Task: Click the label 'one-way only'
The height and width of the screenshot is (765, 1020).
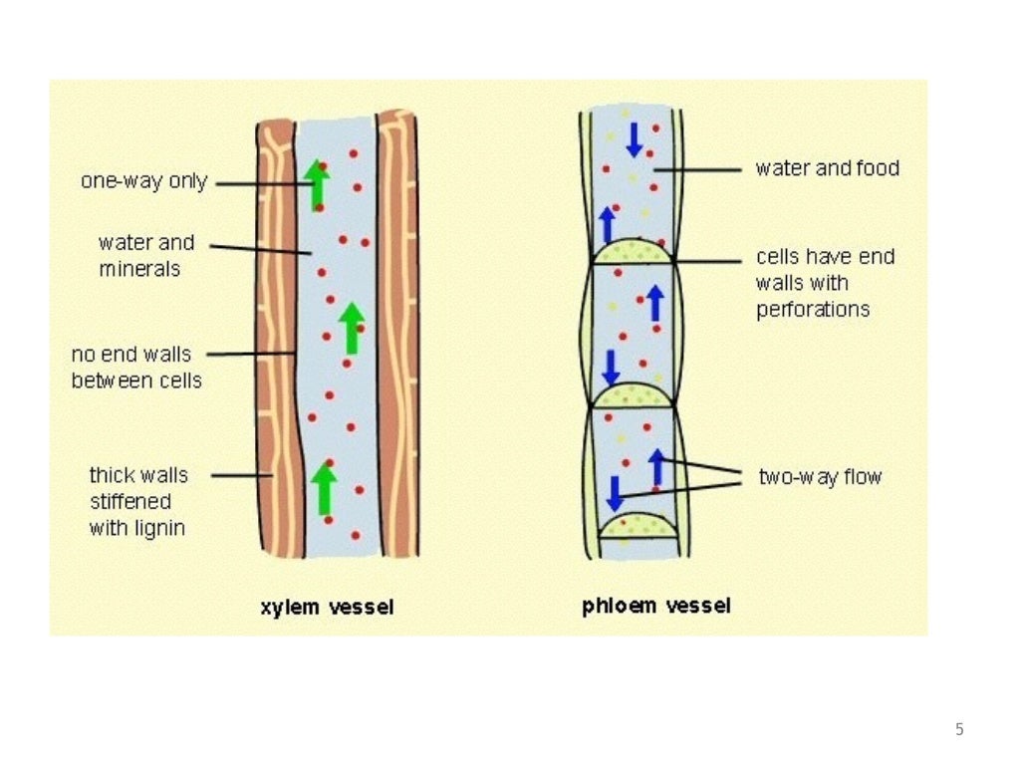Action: (x=143, y=181)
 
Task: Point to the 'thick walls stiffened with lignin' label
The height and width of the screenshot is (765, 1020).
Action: (x=137, y=501)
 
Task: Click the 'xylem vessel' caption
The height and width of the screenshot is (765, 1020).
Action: (x=327, y=607)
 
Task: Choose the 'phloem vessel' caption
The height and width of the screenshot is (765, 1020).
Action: (x=656, y=606)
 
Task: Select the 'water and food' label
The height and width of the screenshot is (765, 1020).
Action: (x=827, y=168)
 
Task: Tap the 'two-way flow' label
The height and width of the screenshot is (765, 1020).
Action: (x=820, y=477)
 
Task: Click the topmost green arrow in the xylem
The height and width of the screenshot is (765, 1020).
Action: (x=317, y=183)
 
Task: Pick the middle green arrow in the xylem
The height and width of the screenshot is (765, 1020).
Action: (x=351, y=328)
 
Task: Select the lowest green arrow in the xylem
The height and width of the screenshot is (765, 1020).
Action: (x=323, y=488)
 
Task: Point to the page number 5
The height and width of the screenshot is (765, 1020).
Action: (x=959, y=729)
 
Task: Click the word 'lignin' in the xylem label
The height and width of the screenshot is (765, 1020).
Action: (x=158, y=528)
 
